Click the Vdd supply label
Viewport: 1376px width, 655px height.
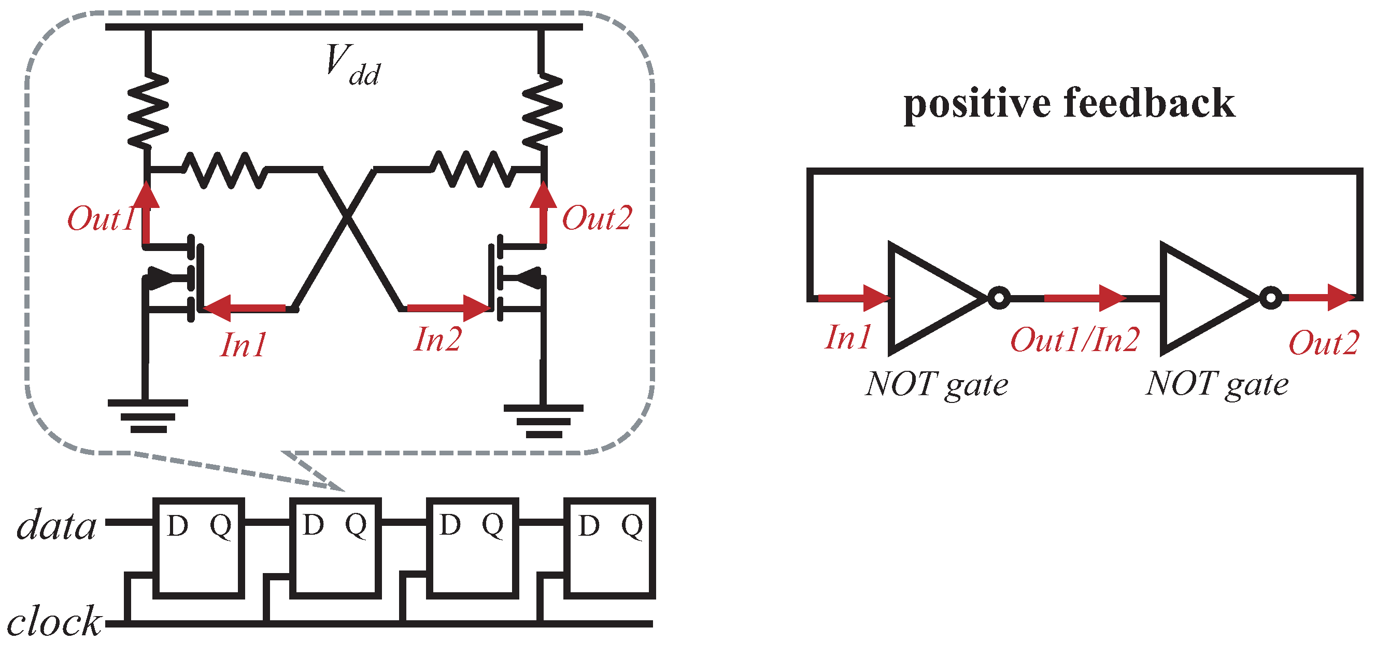pos(352,65)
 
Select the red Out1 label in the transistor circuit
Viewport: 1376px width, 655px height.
pos(101,219)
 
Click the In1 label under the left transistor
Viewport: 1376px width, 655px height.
pos(244,345)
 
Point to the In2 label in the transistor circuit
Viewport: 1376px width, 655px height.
pos(437,340)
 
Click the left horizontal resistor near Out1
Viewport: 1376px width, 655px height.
pos(224,170)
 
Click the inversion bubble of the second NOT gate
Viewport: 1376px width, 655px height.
pos(1271,298)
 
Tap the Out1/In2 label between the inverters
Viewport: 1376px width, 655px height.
pos(1075,340)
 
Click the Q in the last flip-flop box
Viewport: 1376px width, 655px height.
pos(632,526)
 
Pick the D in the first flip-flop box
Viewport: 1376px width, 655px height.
pos(177,526)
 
